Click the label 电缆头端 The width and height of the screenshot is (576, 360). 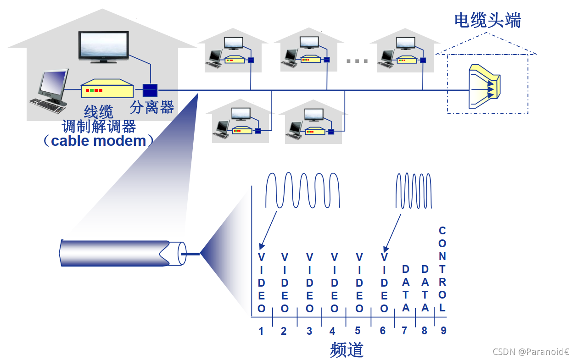(x=487, y=20)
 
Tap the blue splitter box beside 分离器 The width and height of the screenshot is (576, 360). (x=150, y=90)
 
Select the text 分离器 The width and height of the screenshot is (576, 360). (x=152, y=107)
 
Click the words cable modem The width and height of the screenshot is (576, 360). (x=98, y=140)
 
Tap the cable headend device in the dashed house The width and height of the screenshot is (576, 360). (x=485, y=87)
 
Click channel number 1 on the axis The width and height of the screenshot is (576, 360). (x=261, y=331)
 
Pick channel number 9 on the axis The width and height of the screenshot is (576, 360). (x=443, y=330)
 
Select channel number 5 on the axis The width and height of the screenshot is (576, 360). (x=358, y=331)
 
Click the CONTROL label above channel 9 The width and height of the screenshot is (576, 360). (x=442, y=269)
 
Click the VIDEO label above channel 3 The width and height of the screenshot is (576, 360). (x=309, y=282)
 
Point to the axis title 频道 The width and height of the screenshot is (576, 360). (x=347, y=350)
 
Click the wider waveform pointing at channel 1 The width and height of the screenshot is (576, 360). (x=303, y=190)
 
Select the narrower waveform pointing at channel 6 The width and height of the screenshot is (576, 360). (x=414, y=190)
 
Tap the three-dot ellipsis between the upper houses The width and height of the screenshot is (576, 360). (x=357, y=61)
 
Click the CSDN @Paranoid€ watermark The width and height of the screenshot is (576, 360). (x=531, y=352)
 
